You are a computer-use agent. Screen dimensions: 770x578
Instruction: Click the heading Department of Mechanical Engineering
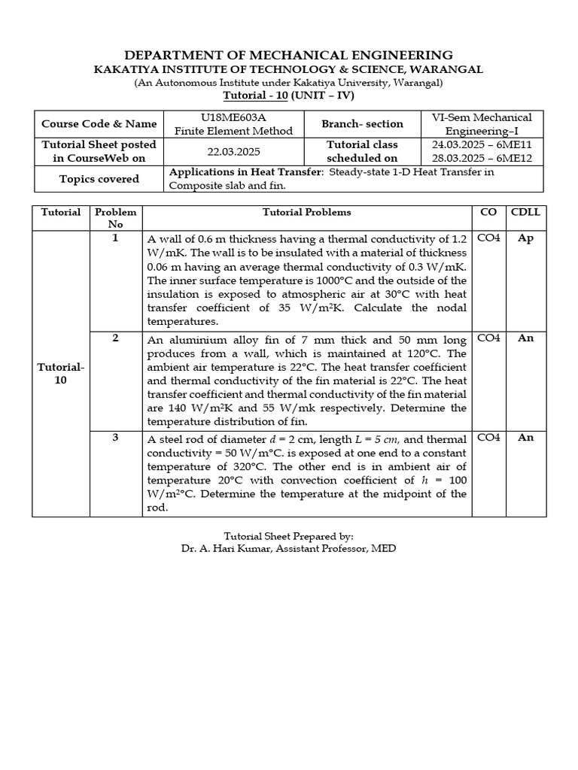[x=288, y=55]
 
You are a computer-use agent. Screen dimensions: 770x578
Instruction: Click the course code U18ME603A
[x=233, y=117]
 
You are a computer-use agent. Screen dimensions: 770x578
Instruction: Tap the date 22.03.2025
[x=233, y=151]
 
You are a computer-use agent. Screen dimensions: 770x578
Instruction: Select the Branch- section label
[x=362, y=124]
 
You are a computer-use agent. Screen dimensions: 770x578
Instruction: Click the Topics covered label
[x=99, y=179]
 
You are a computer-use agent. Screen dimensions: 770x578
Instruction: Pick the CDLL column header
[x=525, y=212]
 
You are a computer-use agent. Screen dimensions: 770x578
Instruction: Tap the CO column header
[x=488, y=212]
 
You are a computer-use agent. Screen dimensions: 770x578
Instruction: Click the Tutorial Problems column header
[x=306, y=212]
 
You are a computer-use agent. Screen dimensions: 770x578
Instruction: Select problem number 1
[x=115, y=238]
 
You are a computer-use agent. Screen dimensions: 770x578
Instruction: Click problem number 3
[x=115, y=438]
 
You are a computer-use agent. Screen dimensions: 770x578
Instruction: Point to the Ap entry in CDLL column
[x=525, y=238]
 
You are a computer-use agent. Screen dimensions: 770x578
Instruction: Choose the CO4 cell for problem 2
[x=488, y=338]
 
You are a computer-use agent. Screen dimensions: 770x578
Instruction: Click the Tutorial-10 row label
[x=61, y=374]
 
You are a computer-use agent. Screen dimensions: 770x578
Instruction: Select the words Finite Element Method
[x=233, y=131]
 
